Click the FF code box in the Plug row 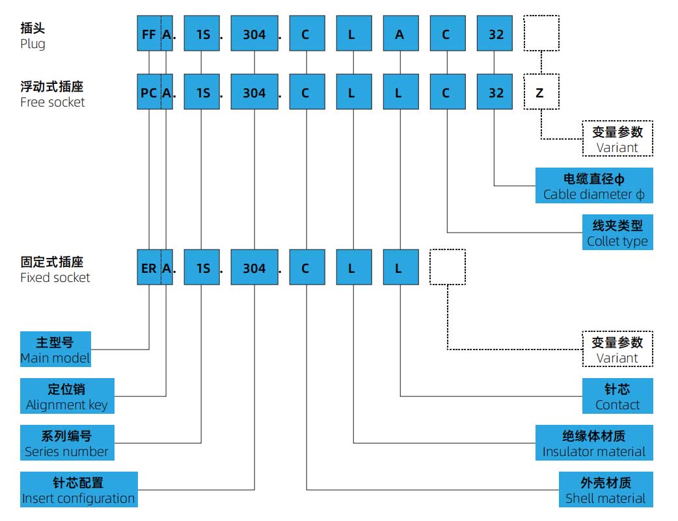coord(148,34)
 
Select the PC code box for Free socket coord(148,93)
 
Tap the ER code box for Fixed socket coord(148,268)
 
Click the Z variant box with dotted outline coord(541,93)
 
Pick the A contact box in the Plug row coord(399,34)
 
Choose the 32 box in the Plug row coord(495,34)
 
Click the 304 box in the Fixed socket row coord(254,268)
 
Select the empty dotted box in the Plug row coord(541,34)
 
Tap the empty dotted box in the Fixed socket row coord(447,268)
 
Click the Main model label coord(55,349)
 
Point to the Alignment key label coord(67,396)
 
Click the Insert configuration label coord(79,490)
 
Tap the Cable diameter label coord(593,186)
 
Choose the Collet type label coord(617,233)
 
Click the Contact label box coord(617,396)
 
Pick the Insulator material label coord(593,443)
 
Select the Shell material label coord(605,490)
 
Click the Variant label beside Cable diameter coord(617,139)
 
